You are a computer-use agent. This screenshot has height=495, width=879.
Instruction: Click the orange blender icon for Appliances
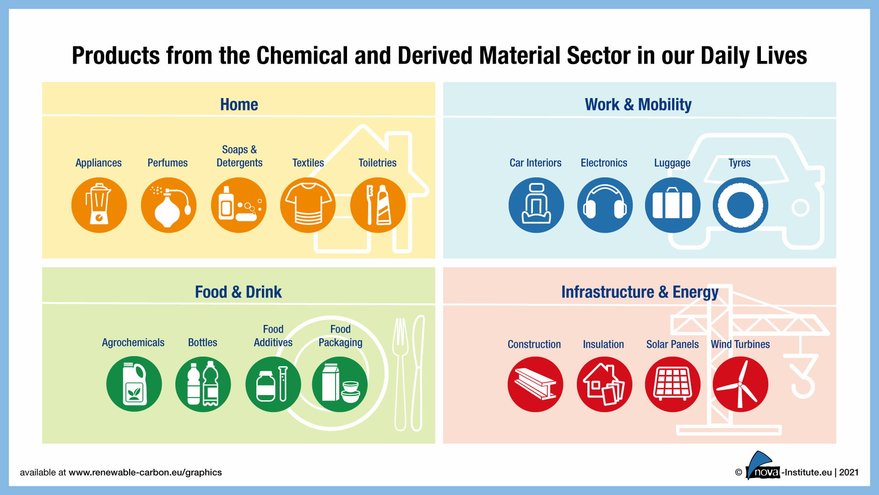click(99, 205)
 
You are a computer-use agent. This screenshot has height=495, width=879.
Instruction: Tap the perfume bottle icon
click(168, 205)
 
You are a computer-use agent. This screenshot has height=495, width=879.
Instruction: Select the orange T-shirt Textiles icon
click(308, 205)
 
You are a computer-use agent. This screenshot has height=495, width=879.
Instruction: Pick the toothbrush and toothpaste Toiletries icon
click(378, 205)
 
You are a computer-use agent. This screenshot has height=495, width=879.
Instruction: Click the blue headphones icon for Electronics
click(605, 205)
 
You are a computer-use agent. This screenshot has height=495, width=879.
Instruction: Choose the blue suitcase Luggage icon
click(673, 205)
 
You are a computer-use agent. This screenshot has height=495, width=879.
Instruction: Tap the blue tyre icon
click(740, 205)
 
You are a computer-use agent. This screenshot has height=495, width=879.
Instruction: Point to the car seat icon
click(536, 205)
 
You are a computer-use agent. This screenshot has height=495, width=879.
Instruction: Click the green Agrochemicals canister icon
click(134, 384)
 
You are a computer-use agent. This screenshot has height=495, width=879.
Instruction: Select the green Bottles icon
click(203, 384)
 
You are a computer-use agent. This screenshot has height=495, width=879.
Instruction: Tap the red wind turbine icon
click(740, 384)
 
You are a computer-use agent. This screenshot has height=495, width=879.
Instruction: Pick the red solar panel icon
click(673, 384)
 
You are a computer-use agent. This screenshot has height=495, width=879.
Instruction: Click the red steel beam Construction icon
click(535, 384)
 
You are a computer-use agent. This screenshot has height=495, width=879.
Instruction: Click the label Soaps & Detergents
click(239, 156)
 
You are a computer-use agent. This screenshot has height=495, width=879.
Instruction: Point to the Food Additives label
click(273, 336)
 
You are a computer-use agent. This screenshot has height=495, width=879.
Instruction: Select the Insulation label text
click(603, 344)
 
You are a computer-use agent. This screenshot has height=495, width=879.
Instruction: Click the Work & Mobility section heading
click(638, 104)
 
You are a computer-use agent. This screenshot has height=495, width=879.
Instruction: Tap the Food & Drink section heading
click(239, 292)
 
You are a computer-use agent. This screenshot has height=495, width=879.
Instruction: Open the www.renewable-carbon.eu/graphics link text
click(145, 473)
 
